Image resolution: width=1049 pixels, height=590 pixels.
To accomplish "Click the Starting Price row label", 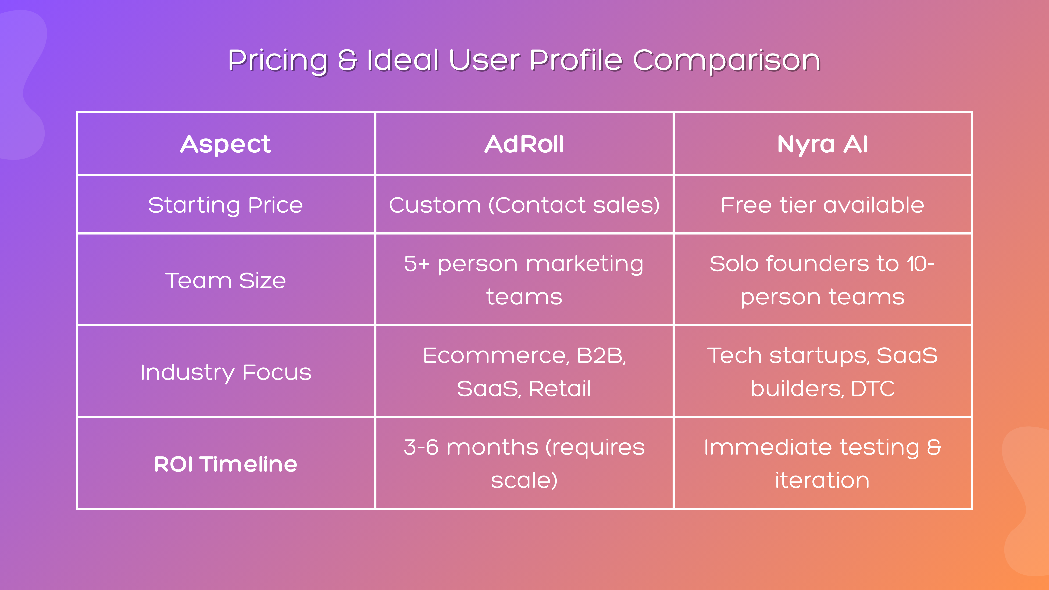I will (226, 205).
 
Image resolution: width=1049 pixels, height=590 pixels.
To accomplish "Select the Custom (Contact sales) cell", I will (524, 205).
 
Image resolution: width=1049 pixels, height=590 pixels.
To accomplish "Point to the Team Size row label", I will (226, 281).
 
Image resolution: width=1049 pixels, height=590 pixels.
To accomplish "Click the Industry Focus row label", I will (226, 372).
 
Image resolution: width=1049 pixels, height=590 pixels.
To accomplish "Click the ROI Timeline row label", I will (226, 464).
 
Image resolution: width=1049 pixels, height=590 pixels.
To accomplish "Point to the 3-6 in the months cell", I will (421, 448).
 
